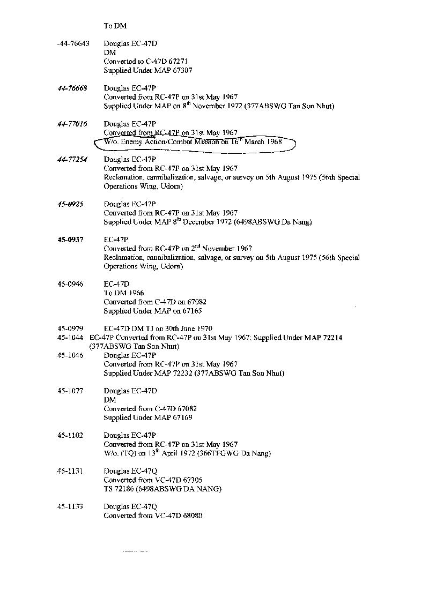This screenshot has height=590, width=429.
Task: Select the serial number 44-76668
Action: pos(72,88)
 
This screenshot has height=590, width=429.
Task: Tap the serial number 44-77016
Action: pos(72,124)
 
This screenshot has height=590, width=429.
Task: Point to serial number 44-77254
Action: pos(72,160)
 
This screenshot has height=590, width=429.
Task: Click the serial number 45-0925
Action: pos(70,204)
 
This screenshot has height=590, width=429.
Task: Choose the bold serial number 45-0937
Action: pos(70,240)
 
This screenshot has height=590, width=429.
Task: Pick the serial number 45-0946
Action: pos(70,284)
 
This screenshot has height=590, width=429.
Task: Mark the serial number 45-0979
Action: pos(70,328)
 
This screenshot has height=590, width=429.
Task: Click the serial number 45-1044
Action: pos(70,338)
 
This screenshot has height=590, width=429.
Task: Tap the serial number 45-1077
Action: pos(70,391)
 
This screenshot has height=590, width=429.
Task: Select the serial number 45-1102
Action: pos(70,435)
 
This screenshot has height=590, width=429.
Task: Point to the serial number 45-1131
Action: pos(70,471)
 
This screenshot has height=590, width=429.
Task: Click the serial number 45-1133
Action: pos(70,506)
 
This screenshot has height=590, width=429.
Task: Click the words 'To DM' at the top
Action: pos(115,26)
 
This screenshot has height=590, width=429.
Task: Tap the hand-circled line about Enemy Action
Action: pos(193,142)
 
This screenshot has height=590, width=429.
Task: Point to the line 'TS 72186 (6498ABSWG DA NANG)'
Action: pos(162,489)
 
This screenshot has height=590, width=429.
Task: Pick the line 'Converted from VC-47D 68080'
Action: pos(153,516)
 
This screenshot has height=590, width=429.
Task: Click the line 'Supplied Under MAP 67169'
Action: pos(147,417)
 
